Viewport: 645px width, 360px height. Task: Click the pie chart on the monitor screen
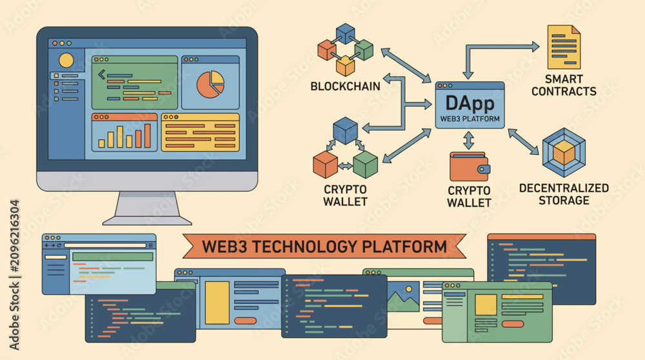pos(210,85)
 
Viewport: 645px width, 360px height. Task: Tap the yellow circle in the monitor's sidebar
pos(66,61)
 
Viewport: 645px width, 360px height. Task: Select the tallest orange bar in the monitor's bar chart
pos(148,135)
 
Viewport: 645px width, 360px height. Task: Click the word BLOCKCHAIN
pos(345,86)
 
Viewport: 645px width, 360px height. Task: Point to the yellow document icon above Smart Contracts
pos(564,47)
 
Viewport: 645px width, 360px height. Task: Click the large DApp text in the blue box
pos(470,103)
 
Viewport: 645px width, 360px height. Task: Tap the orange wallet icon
pos(470,166)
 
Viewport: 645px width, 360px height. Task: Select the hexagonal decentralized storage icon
pos(564,152)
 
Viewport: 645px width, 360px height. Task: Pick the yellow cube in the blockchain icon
pos(345,66)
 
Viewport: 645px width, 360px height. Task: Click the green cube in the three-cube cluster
pos(365,165)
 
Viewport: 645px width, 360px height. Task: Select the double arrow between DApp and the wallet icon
pos(468,140)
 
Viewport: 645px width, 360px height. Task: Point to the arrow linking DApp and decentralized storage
pos(523,142)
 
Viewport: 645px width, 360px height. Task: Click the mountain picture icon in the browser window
pos(404,296)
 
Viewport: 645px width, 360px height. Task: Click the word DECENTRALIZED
pos(564,188)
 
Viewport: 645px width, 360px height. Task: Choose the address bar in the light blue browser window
pos(105,245)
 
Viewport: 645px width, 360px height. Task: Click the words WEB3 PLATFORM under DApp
pos(470,119)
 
